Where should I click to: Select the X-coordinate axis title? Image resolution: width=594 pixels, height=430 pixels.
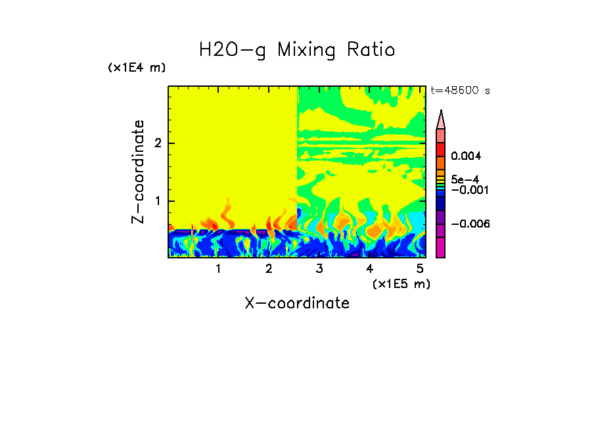tap(297, 303)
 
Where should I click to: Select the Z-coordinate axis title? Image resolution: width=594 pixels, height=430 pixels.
tap(138, 172)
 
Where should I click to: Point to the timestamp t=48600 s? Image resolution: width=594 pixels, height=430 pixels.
tap(460, 91)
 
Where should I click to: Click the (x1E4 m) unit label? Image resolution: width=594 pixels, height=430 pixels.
tap(137, 68)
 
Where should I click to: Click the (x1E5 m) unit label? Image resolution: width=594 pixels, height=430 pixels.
tap(401, 283)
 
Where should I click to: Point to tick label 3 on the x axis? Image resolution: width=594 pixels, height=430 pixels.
tap(319, 268)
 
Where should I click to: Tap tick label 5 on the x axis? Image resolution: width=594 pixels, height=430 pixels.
tap(420, 268)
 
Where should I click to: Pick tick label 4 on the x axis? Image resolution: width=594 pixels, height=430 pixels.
tap(369, 268)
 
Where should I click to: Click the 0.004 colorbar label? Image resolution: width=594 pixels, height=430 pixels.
tap(467, 156)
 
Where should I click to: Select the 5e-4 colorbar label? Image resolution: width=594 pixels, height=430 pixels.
tap(465, 179)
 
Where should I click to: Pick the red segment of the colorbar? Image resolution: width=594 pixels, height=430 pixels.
tap(441, 149)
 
